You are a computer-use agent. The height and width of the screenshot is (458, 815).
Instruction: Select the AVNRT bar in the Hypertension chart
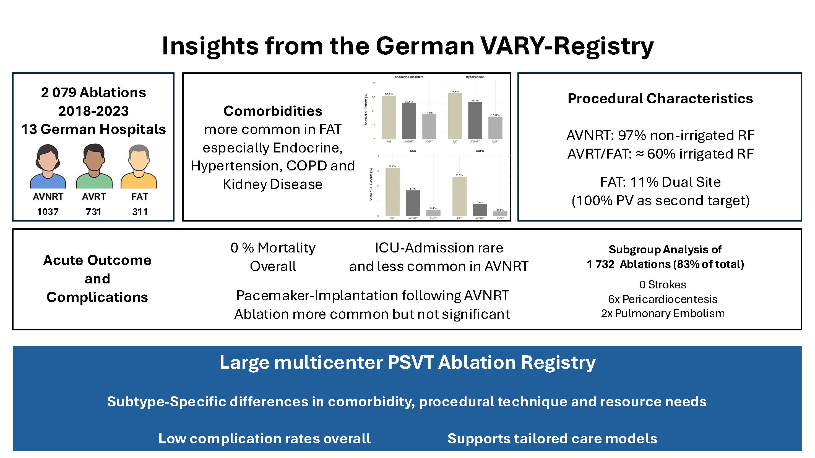[x=475, y=120]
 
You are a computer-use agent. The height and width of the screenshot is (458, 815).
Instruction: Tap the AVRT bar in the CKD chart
[x=433, y=213]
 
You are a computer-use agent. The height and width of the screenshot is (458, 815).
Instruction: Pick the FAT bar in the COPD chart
[x=459, y=196]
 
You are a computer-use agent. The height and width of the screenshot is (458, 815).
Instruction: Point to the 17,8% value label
[x=429, y=112]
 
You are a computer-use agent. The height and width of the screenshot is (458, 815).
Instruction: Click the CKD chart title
[x=413, y=151]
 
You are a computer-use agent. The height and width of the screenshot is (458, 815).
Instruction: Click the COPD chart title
[x=480, y=151]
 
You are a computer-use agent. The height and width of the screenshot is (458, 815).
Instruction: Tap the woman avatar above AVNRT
[x=48, y=166]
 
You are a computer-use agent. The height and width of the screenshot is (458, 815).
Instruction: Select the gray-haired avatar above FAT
[x=139, y=166]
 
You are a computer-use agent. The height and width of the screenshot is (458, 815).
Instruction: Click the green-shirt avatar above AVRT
[x=94, y=166]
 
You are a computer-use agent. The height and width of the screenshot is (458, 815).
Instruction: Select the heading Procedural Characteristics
[x=660, y=99]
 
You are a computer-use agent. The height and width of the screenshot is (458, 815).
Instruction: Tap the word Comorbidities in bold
[x=273, y=111]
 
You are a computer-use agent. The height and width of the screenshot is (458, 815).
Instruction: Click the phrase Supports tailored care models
[x=552, y=438]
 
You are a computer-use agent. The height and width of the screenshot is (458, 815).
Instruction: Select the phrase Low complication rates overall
[x=264, y=438]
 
